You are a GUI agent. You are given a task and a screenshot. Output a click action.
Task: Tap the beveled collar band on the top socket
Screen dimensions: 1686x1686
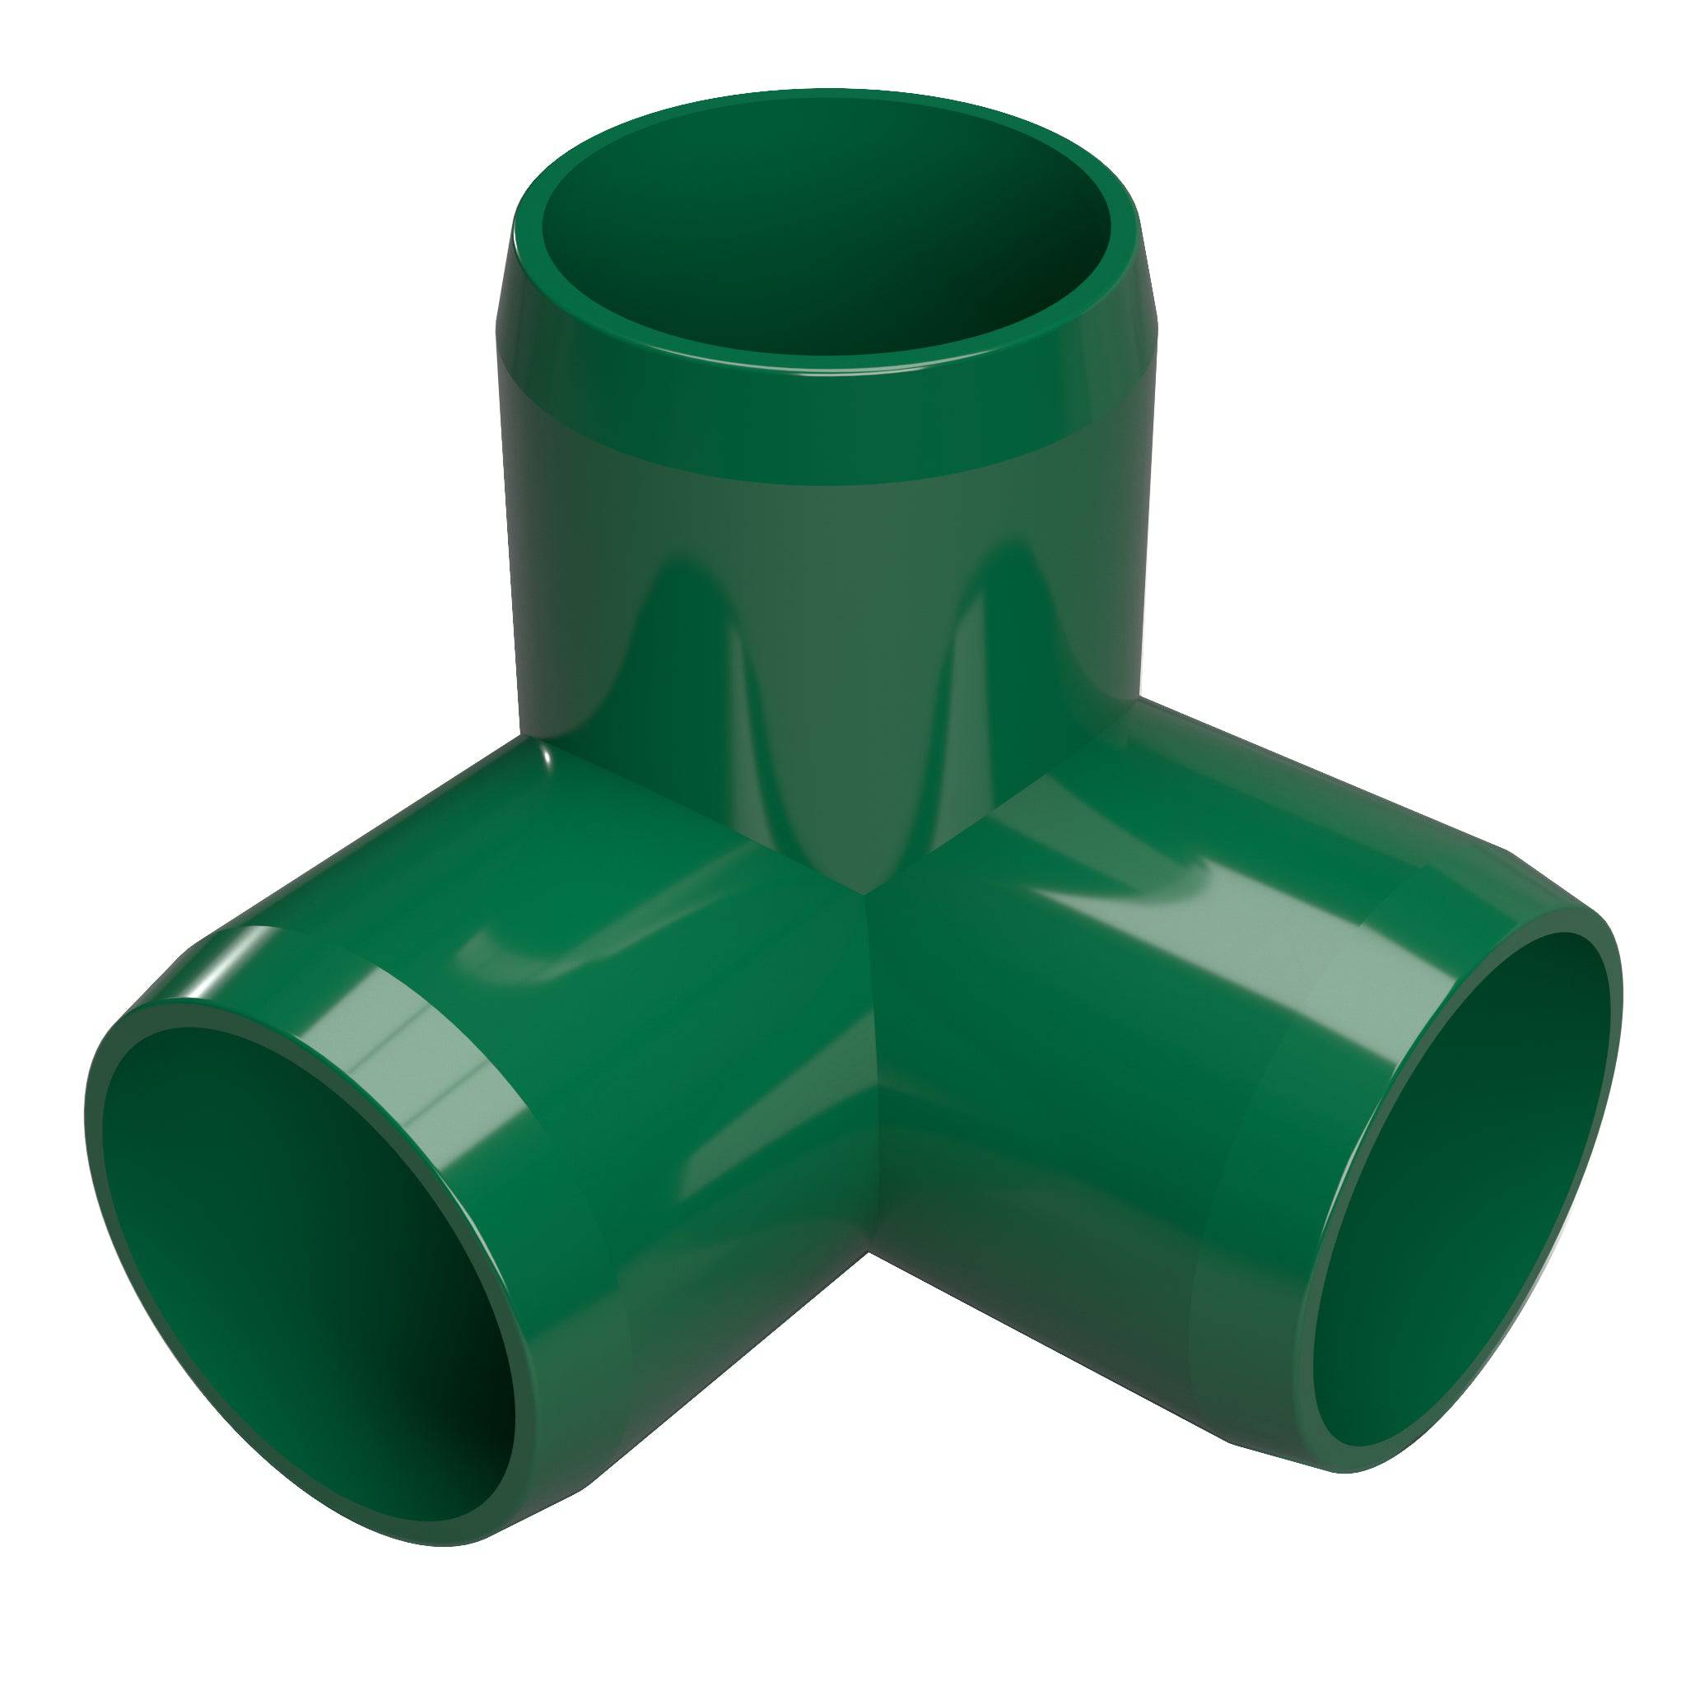(825, 427)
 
